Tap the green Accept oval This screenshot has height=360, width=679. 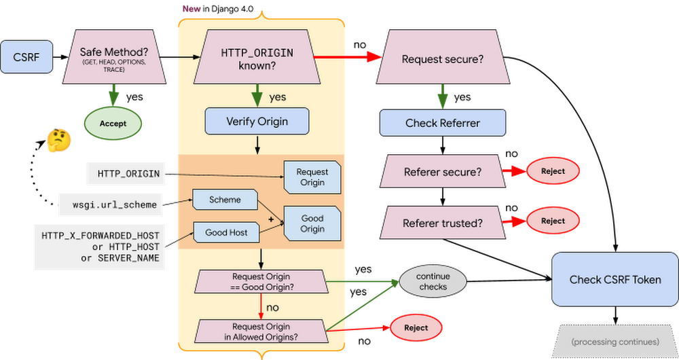[113, 124]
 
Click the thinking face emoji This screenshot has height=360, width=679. [59, 141]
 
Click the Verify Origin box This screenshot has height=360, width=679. [257, 122]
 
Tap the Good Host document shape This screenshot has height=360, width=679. [226, 232]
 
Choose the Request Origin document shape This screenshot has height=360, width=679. [312, 177]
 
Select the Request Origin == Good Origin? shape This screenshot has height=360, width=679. [261, 281]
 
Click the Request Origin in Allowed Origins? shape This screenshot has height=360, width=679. [261, 331]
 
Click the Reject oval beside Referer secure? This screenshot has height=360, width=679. [552, 171]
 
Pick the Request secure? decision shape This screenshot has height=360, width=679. [443, 59]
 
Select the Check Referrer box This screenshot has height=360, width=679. [442, 123]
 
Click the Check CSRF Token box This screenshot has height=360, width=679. [614, 279]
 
